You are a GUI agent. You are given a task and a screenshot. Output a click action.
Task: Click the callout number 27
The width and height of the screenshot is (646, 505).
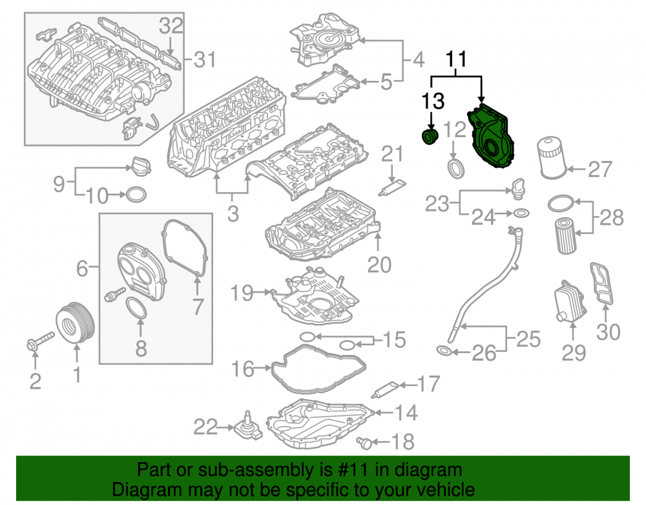tap(600, 169)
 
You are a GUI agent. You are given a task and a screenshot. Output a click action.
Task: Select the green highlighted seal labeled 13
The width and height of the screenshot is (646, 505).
tap(430, 136)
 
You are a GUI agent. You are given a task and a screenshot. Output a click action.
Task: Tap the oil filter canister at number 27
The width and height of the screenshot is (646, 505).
tap(550, 158)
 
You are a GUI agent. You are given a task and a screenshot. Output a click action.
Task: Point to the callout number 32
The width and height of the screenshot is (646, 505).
tap(171, 26)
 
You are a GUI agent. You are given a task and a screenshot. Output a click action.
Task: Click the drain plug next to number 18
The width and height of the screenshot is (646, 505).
tap(364, 443)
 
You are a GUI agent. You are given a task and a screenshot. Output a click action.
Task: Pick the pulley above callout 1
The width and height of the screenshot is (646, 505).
tap(75, 323)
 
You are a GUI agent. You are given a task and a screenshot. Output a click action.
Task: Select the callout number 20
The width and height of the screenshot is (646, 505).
tap(379, 264)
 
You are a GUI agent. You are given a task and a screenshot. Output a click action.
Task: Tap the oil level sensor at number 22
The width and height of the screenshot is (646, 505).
tap(249, 426)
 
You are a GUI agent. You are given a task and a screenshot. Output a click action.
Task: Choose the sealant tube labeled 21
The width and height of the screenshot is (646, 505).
tap(392, 188)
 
